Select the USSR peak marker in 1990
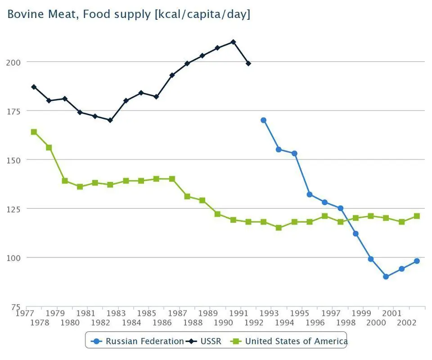click(233, 42)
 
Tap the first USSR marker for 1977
click(34, 87)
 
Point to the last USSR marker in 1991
click(248, 63)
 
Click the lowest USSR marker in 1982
click(110, 120)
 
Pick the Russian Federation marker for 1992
click(263, 120)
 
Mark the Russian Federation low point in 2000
click(386, 277)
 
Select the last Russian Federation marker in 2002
click(417, 261)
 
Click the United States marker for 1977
click(34, 132)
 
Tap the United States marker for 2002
click(417, 216)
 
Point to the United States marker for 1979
click(65, 181)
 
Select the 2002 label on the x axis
click(406, 323)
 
